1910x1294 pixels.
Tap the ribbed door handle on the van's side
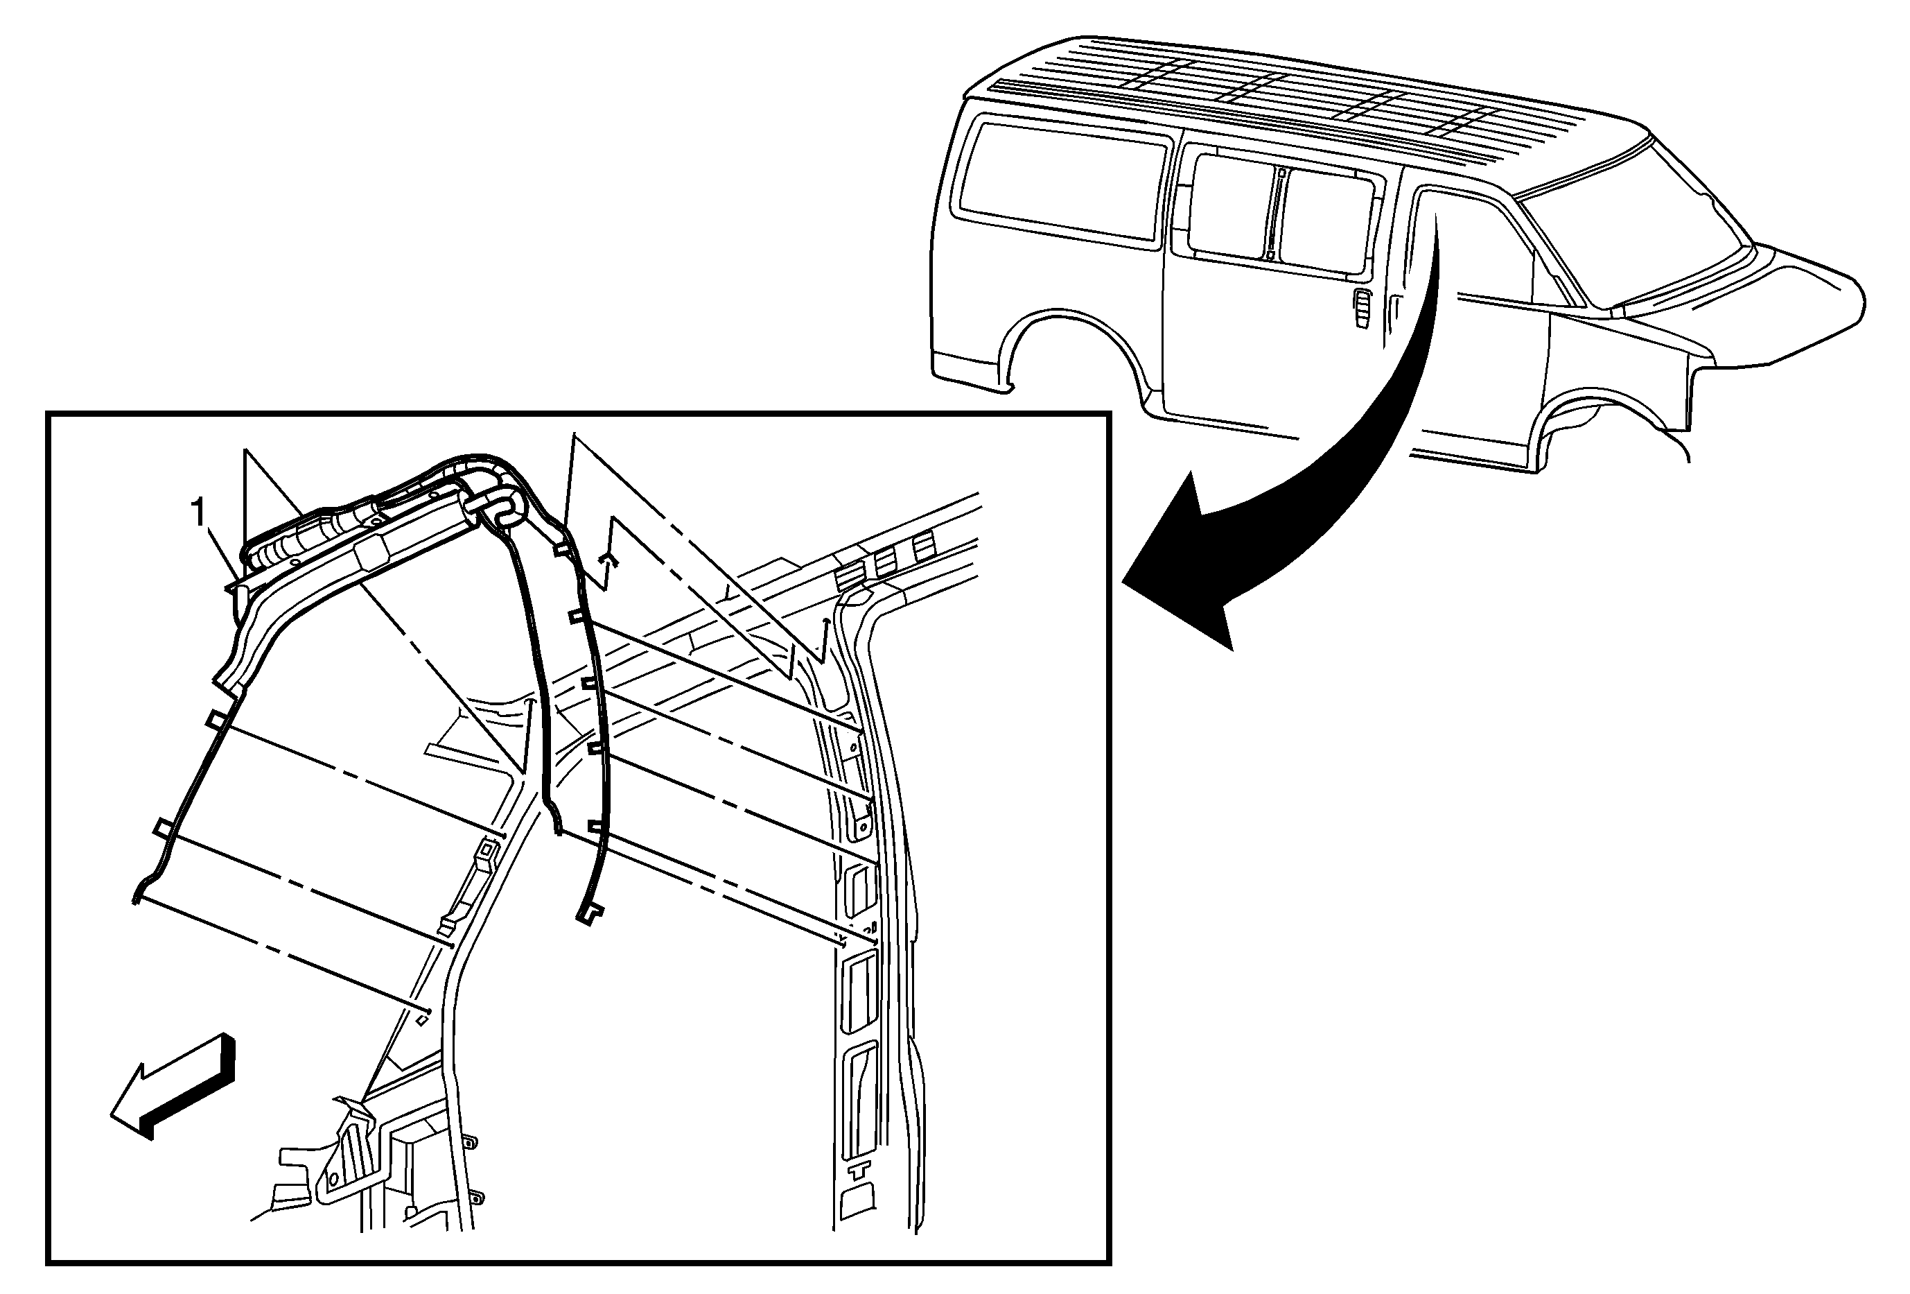1362,309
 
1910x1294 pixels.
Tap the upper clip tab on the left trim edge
216,719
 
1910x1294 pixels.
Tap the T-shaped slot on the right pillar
859,1168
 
